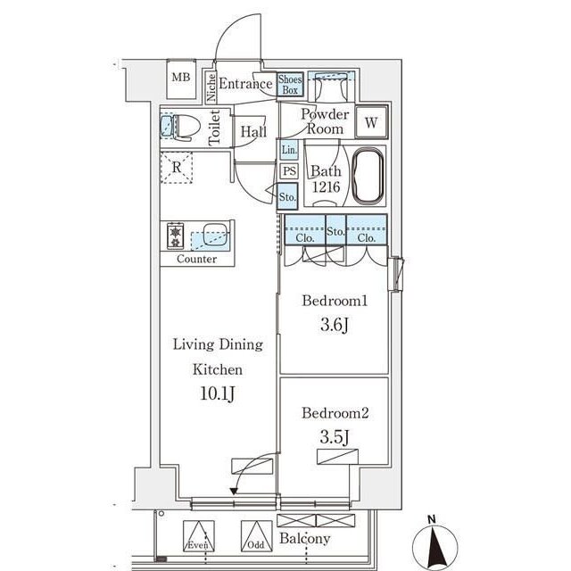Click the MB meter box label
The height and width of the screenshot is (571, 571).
click(181, 78)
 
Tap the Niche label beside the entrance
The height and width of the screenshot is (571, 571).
click(211, 87)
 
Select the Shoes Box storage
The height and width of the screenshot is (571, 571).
click(290, 85)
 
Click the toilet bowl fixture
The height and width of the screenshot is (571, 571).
click(186, 127)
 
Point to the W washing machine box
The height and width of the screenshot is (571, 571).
click(371, 122)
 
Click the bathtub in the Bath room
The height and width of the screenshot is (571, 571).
click(368, 176)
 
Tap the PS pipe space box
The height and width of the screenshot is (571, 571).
click(289, 171)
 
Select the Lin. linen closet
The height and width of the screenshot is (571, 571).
click(289, 150)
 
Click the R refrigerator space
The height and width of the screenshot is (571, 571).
click(177, 168)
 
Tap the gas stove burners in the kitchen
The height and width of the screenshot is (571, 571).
click(175, 236)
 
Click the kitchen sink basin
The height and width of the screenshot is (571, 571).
click(215, 234)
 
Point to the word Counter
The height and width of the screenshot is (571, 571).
click(196, 259)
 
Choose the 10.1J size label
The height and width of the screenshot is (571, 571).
click(218, 393)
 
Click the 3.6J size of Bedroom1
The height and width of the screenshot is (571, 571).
click(335, 325)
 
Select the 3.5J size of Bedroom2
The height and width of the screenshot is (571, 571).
click(335, 437)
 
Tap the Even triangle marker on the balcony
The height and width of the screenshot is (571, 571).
click(198, 535)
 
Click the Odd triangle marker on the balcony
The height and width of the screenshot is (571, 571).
click(256, 535)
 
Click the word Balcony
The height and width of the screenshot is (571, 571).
click(305, 539)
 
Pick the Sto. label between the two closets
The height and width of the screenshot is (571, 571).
click(335, 231)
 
